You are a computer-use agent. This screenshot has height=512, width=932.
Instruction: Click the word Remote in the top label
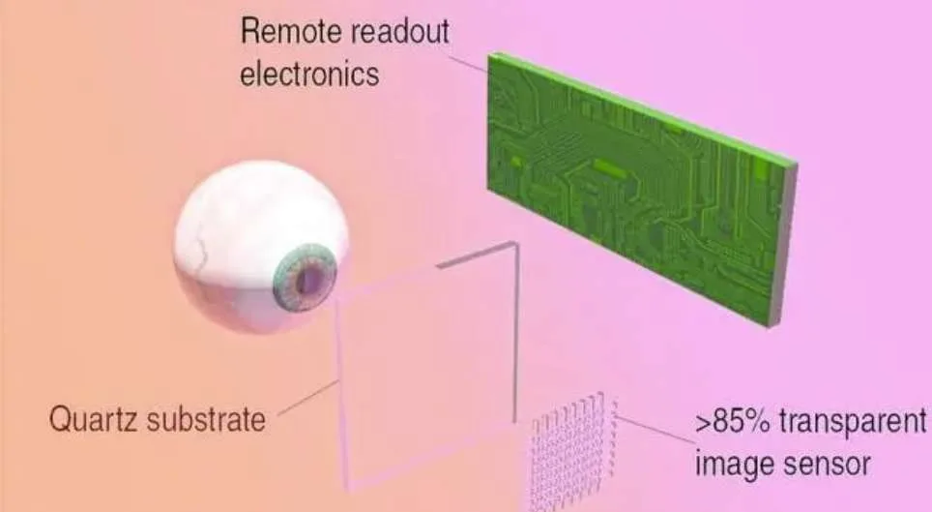click(289, 31)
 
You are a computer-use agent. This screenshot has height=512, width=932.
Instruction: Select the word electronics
click(309, 74)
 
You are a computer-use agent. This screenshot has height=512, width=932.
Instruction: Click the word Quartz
click(94, 419)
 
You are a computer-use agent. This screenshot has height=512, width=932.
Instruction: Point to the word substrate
click(206, 419)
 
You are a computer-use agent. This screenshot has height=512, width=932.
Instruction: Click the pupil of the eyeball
click(310, 278)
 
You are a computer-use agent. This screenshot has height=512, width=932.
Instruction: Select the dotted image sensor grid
click(571, 450)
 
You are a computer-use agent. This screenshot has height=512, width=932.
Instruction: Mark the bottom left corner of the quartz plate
click(348, 487)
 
